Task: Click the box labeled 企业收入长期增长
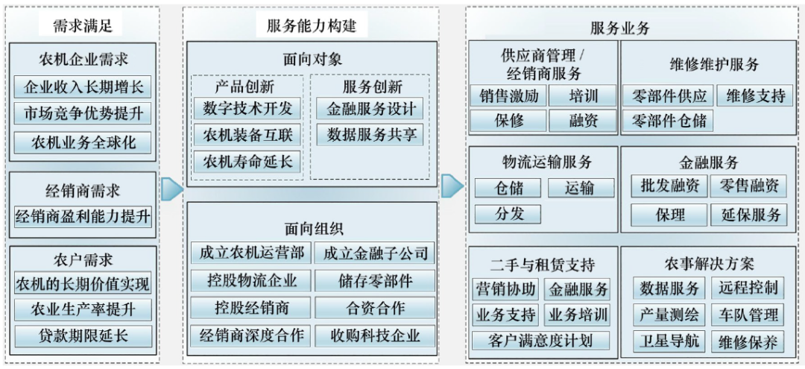(x=83, y=86)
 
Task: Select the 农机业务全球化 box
(x=83, y=142)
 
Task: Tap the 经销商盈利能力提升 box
(x=83, y=217)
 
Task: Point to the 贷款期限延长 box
(x=83, y=335)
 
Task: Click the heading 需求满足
(x=83, y=25)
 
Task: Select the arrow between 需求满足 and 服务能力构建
(x=171, y=189)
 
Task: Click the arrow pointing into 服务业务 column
(x=452, y=186)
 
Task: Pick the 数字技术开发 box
(x=247, y=108)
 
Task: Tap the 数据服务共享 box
(x=370, y=135)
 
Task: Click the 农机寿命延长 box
(x=247, y=161)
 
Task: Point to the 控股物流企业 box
(x=247, y=280)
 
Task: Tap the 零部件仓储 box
(x=669, y=121)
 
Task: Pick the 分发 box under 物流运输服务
(x=509, y=214)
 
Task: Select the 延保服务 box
(x=750, y=215)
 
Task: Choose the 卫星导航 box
(x=669, y=341)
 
